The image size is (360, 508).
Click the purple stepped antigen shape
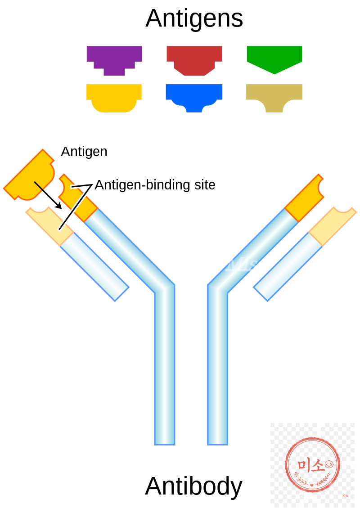[114, 58]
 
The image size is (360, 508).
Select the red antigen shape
[194, 58]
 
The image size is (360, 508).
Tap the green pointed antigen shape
[274, 58]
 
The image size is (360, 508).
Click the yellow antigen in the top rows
[114, 96]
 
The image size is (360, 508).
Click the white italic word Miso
[247, 264]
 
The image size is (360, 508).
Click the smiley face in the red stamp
[329, 464]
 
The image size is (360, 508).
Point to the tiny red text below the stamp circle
[345, 495]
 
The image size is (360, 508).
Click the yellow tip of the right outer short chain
[333, 225]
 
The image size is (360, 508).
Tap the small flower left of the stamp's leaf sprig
[296, 474]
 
